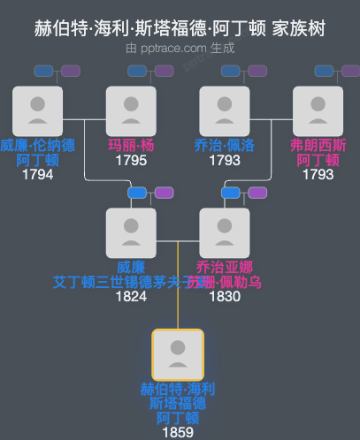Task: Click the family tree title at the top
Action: point(180,28)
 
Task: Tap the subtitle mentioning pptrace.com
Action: point(180,48)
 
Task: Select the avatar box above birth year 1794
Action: point(37,110)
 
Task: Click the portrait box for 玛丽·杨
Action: point(131,110)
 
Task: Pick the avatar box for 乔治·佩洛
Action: point(225,110)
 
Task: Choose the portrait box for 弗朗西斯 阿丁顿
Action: point(318,110)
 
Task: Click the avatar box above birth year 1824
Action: point(131,232)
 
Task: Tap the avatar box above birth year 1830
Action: point(225,232)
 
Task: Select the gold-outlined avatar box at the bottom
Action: point(178,354)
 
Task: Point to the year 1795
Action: point(131,161)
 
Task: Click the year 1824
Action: point(131,296)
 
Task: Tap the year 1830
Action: point(225,296)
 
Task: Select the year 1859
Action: point(178,432)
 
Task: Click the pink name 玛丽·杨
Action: point(131,146)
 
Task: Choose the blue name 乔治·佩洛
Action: point(225,146)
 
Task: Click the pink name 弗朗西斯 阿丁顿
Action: point(318,152)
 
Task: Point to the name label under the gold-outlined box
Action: point(178,403)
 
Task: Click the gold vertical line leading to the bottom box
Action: point(179,300)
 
